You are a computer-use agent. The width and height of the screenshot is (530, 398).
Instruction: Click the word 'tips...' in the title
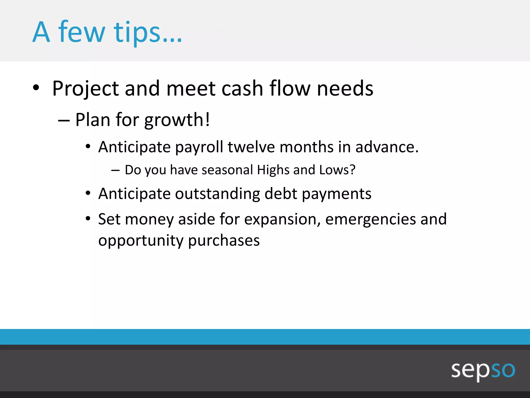click(x=148, y=32)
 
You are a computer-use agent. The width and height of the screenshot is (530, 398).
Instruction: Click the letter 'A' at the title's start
click(x=41, y=32)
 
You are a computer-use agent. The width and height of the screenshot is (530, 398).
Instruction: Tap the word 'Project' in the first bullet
click(x=85, y=89)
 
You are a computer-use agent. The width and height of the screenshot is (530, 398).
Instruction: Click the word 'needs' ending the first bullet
click(x=345, y=89)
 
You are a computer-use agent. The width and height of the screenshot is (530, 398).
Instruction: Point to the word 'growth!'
click(x=177, y=120)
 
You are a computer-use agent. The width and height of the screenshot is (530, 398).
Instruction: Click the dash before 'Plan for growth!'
click(x=64, y=121)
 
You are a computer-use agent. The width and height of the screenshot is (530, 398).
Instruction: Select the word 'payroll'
click(x=199, y=147)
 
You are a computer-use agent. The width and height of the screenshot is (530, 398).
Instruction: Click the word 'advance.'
click(x=387, y=147)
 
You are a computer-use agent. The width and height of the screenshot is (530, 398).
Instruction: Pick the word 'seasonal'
click(x=227, y=170)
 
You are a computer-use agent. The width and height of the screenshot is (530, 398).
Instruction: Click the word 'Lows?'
click(x=337, y=170)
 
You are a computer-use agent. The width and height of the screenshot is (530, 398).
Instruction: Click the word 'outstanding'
click(x=217, y=194)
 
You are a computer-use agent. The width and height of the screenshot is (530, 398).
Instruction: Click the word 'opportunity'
click(x=141, y=241)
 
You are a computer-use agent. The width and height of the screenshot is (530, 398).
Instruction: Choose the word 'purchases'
click(x=224, y=241)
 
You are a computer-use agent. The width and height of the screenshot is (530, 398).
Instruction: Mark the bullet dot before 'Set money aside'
click(x=88, y=219)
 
